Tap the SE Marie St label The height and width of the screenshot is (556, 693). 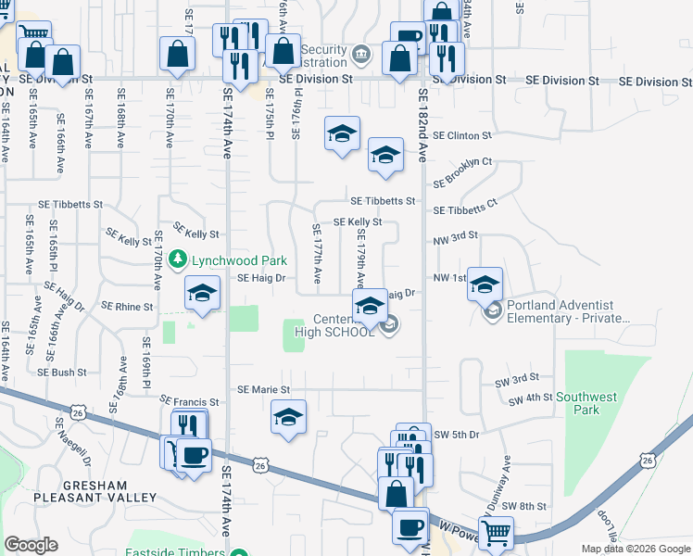click(264, 390)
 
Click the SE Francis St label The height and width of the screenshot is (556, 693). click(188, 402)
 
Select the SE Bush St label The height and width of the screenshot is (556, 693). click(62, 373)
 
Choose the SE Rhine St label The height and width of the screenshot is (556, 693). click(127, 306)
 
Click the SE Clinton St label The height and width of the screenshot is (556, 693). click(462, 135)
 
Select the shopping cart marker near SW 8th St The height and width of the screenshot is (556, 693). click(496, 533)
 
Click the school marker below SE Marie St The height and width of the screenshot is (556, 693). click(289, 417)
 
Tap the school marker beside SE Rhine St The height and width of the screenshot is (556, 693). click(200, 295)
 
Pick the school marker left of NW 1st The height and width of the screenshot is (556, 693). click(485, 284)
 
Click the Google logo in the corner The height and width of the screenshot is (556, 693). click(31, 545)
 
